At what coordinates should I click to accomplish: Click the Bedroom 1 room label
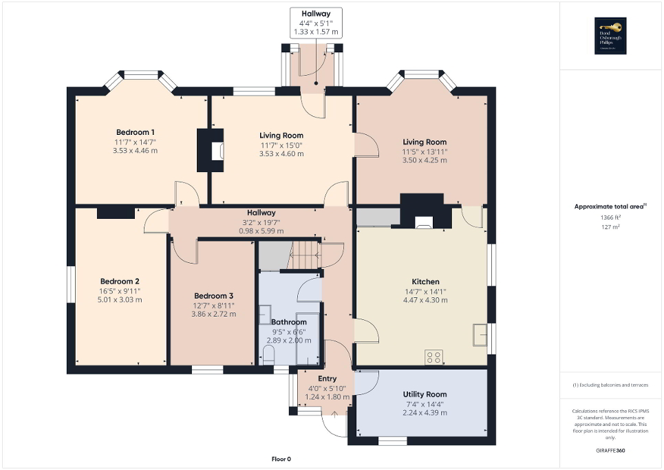[x=135, y=132]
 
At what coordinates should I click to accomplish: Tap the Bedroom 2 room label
[x=120, y=281]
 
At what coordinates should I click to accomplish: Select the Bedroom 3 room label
[x=213, y=295]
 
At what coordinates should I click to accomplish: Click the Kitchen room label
[x=425, y=281]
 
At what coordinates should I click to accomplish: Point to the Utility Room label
[x=425, y=394]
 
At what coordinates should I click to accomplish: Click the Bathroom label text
[x=288, y=322]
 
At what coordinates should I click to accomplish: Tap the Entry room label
[x=327, y=378]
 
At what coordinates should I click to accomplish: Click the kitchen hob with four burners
[x=434, y=356]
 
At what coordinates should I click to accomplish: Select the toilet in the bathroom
[x=269, y=355]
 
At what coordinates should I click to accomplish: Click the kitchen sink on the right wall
[x=479, y=335]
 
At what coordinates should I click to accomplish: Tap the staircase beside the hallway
[x=303, y=256]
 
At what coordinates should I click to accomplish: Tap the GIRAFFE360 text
[x=612, y=451]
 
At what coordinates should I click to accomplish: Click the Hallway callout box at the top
[x=316, y=23]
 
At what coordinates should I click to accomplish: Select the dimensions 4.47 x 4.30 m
[x=425, y=300]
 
